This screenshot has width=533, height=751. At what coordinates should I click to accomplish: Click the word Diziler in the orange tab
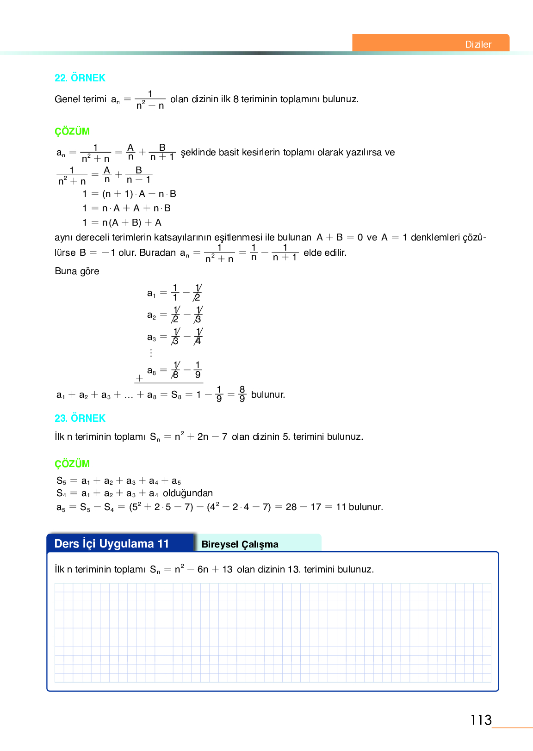point(478,44)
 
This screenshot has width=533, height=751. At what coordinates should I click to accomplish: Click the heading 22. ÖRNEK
point(80,78)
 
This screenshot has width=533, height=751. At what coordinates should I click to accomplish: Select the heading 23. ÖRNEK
point(80,418)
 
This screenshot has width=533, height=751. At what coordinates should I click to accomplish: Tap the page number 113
point(481,720)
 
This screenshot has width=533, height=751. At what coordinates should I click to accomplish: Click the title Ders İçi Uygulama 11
point(112,543)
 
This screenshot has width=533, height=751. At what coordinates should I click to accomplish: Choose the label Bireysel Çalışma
point(240,544)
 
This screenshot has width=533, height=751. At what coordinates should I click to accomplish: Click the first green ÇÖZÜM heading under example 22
point(72,131)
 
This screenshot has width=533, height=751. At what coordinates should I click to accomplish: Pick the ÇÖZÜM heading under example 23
point(72,464)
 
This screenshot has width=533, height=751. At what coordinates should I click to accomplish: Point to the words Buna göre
point(77,271)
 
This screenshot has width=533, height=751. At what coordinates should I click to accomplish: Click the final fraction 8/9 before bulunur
point(242,394)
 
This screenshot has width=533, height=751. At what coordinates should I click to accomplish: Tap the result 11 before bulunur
point(341,507)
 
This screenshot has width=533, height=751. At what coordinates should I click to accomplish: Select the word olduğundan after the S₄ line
point(188,493)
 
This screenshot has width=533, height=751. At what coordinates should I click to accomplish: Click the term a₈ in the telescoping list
point(151,370)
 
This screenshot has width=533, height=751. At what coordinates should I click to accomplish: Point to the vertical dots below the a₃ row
point(151,353)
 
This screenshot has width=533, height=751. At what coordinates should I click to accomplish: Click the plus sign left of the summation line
point(139,378)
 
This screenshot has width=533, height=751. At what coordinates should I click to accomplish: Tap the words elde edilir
point(325,252)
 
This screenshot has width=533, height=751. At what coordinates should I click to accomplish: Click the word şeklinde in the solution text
point(198,153)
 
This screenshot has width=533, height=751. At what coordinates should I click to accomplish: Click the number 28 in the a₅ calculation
point(291,507)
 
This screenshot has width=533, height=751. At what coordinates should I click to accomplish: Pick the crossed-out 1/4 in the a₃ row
point(198,337)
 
